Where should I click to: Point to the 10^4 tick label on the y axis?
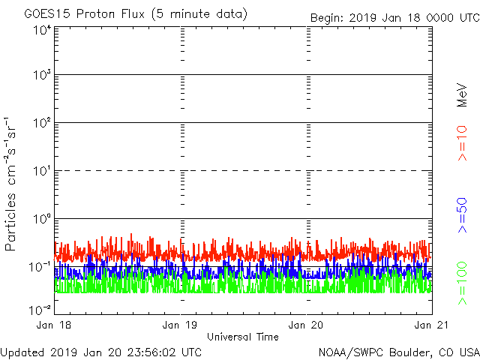coord(42,30)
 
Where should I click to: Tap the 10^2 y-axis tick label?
coord(42,124)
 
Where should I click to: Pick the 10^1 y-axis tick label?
coord(42,172)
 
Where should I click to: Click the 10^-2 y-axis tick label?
coord(40,309)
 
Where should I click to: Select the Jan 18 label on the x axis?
coord(55,325)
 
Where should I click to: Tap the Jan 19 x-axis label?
coord(181,325)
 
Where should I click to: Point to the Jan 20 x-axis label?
coord(307,325)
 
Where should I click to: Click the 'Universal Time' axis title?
coord(243,337)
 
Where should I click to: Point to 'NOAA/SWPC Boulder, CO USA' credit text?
coord(398,352)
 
